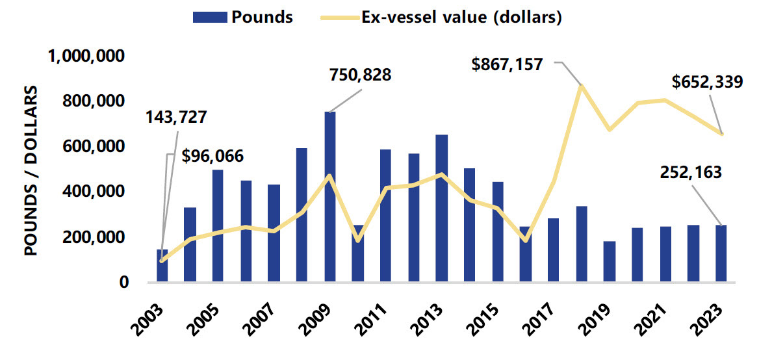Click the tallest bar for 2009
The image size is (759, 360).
330,197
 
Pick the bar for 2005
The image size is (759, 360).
218,225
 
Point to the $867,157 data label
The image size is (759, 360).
507,65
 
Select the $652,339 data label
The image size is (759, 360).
707,83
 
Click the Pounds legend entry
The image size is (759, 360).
243,18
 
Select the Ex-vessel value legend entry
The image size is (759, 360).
449,18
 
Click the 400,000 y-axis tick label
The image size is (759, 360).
97,192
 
